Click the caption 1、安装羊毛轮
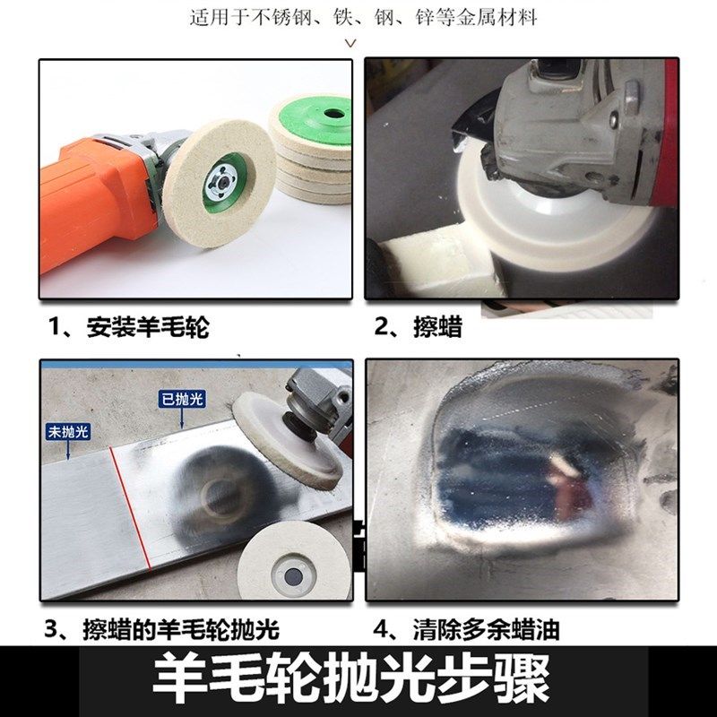click(130, 327)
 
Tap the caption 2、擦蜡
click(418, 327)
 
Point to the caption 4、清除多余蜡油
click(466, 629)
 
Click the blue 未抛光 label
click(68, 432)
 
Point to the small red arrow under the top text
click(350, 42)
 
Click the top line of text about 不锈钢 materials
click(364, 17)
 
